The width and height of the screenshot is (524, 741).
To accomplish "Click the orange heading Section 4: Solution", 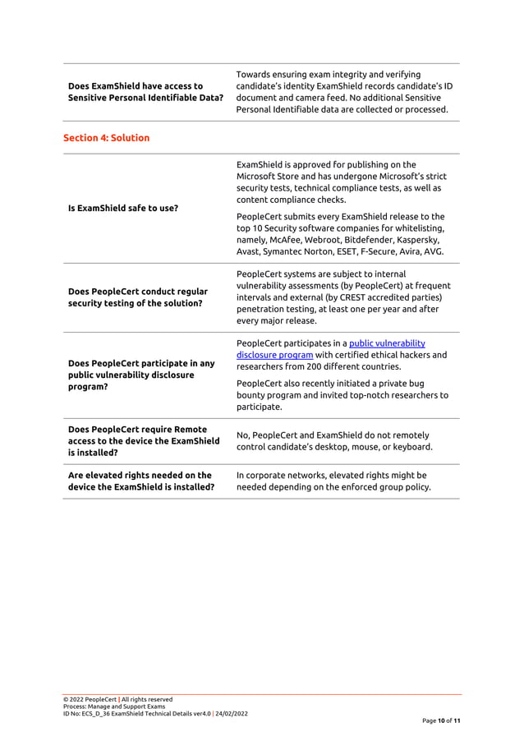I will (106, 138).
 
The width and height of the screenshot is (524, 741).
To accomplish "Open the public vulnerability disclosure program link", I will (330, 349).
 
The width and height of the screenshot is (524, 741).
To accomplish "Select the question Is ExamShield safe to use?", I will (122, 208).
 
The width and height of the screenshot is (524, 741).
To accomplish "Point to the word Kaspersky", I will (421, 240).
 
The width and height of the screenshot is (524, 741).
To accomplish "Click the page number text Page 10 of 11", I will (441, 720).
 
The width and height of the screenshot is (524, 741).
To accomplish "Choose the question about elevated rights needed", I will (140, 481).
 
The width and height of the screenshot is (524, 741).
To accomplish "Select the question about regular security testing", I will (137, 297).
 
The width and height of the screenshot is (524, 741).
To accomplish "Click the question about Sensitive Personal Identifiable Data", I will (145, 92).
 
